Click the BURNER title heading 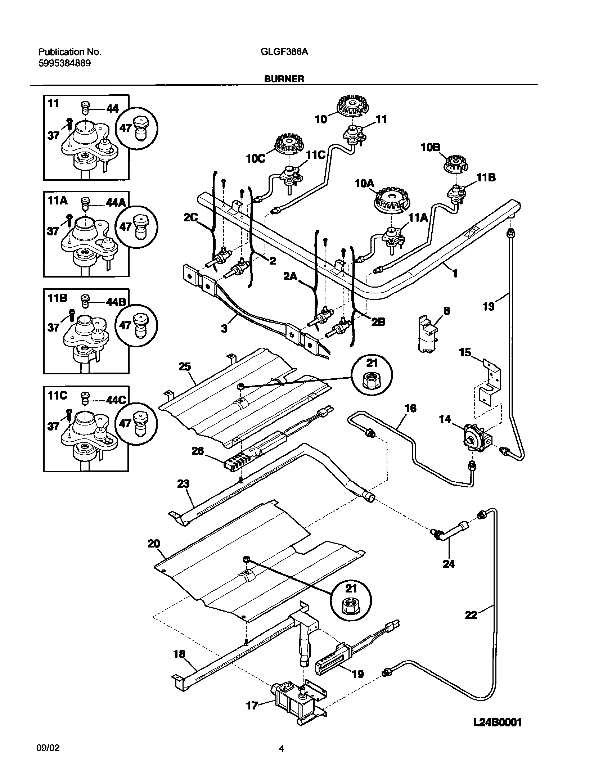coord(284,79)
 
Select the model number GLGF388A coord(284,52)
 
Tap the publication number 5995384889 coord(64,63)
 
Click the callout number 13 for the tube coord(489,306)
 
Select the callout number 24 coord(449,564)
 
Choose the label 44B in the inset coord(116,302)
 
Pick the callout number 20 coord(154,544)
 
